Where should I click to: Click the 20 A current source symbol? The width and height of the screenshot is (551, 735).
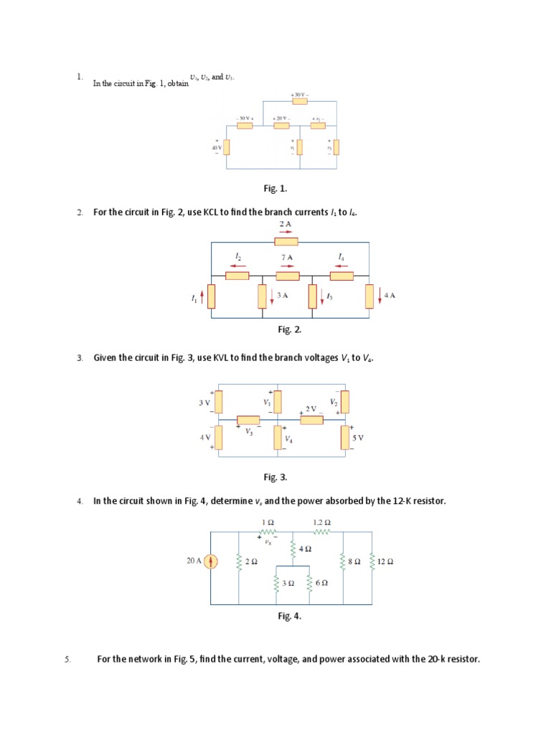(x=211, y=562)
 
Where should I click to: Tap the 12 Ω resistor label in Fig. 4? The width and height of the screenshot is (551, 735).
(x=385, y=562)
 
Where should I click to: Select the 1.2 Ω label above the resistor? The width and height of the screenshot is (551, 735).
(x=322, y=522)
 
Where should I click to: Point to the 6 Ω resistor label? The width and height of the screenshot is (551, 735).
(x=321, y=584)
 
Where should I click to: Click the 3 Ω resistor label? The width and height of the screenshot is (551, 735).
(x=288, y=584)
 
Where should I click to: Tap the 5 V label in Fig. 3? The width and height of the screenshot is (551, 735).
(x=358, y=436)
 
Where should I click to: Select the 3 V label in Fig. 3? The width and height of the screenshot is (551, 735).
(x=204, y=403)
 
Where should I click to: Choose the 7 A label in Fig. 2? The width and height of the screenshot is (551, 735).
(x=287, y=256)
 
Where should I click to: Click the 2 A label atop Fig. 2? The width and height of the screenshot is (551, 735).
(x=285, y=225)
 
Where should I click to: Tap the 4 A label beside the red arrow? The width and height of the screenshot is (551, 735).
(x=390, y=294)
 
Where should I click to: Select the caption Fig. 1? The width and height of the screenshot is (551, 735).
(x=275, y=188)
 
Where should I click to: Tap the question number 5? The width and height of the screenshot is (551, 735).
(x=68, y=657)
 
